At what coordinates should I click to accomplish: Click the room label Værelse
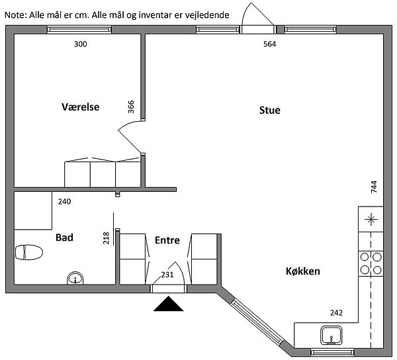coord(80,106)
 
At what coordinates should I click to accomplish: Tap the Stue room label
coord(269,111)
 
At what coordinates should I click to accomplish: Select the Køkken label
coord(303,271)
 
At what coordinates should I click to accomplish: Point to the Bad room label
coord(64,237)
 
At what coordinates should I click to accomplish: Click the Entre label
coord(167,240)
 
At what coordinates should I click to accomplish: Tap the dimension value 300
coord(80,44)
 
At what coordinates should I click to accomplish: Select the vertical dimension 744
coord(374,187)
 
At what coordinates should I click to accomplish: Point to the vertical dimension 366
coord(130,107)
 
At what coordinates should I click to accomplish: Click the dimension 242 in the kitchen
coord(337,313)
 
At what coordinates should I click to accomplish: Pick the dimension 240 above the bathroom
coord(64,201)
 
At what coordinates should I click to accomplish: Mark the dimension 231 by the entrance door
coord(167,275)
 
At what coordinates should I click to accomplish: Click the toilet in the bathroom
coord(28,252)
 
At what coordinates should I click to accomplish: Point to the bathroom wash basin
coord(76,279)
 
